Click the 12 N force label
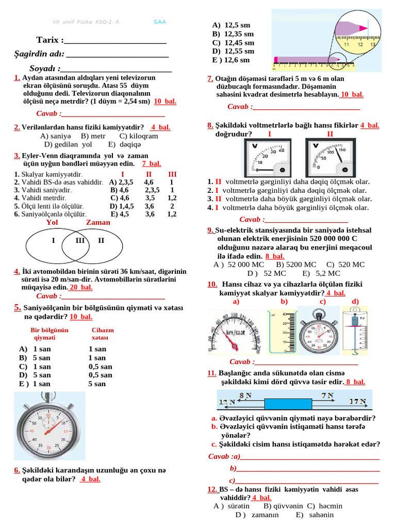click(x=227, y=402)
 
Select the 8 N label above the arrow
click(x=245, y=395)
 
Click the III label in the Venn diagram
click(x=80, y=240)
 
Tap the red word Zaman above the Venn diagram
click(x=98, y=222)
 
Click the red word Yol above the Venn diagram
click(x=52, y=222)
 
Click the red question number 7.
click(x=210, y=79)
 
